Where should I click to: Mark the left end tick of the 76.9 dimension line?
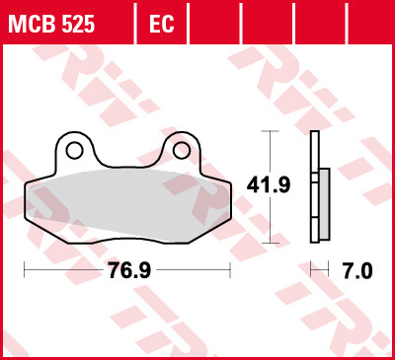[x=23, y=268]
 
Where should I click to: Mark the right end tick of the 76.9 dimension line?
[x=231, y=268]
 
